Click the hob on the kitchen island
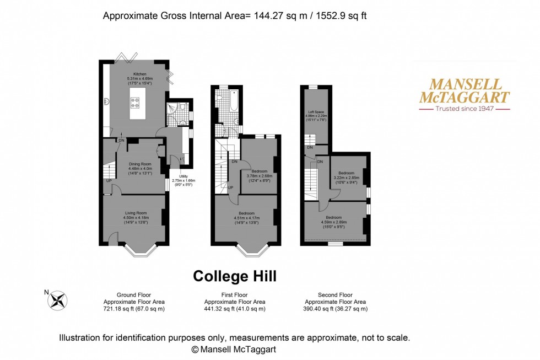coord(134,101)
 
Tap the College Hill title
coord(234,275)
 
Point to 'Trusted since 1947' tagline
coord(465,109)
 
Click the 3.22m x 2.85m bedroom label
coord(347,175)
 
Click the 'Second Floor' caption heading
coord(335,295)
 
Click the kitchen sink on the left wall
coord(106,101)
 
